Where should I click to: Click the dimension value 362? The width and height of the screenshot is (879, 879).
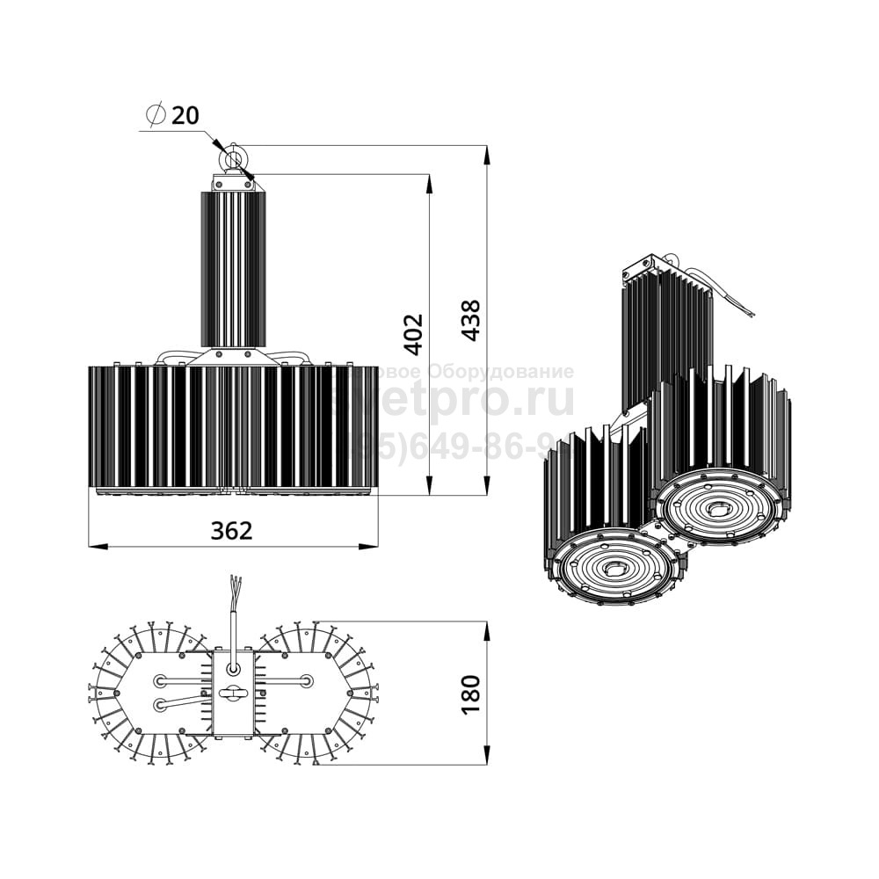[231, 531]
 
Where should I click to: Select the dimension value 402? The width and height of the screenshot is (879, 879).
[413, 333]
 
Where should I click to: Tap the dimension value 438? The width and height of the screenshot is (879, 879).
[471, 320]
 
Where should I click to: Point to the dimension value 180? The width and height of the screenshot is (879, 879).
[471, 694]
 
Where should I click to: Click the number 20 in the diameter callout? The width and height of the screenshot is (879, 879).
[185, 115]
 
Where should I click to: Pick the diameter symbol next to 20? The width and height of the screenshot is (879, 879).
[156, 115]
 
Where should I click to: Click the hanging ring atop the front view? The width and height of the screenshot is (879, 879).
[233, 159]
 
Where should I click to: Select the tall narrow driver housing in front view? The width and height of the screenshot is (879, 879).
[233, 268]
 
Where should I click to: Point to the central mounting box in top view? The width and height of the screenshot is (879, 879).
[234, 694]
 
